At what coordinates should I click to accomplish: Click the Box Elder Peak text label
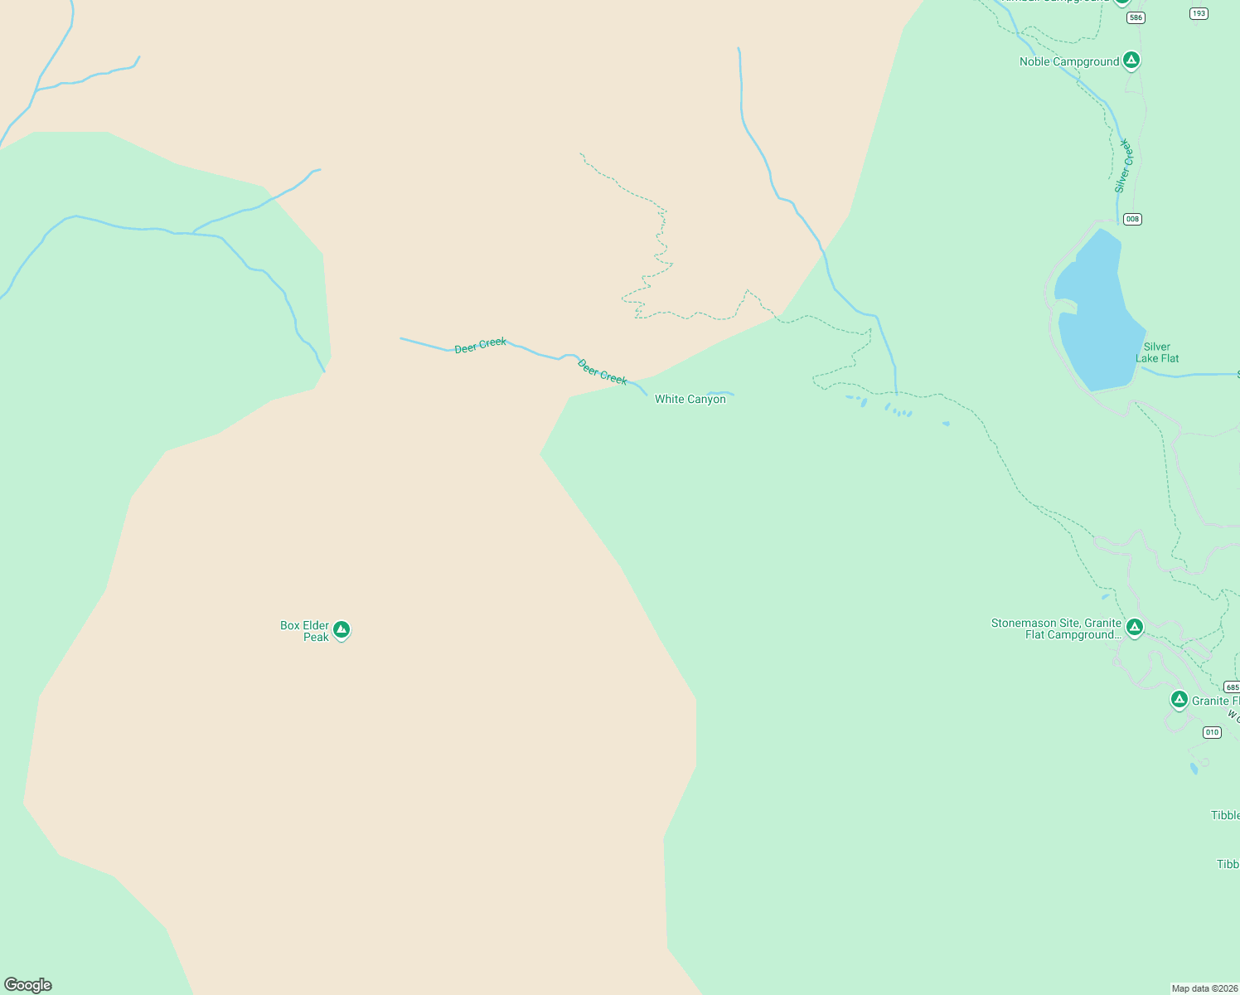(x=305, y=631)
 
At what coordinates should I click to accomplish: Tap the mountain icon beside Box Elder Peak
(x=341, y=630)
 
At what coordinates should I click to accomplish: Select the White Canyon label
(x=690, y=399)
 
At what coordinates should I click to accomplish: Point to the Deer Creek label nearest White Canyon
(x=603, y=372)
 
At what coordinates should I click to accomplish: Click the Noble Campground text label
(x=1068, y=61)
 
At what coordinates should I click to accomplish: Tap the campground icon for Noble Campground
(x=1131, y=61)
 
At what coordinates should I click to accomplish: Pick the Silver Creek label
(x=1123, y=166)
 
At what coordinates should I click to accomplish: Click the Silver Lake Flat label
(x=1157, y=352)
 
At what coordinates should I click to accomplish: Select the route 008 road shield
(x=1132, y=219)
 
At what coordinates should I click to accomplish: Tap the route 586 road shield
(x=1136, y=17)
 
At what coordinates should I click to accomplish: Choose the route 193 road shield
(x=1199, y=13)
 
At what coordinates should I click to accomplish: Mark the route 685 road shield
(x=1232, y=687)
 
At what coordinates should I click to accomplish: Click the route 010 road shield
(x=1212, y=732)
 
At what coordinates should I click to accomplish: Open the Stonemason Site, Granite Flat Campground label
(x=1057, y=629)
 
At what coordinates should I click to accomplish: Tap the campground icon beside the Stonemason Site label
(x=1135, y=628)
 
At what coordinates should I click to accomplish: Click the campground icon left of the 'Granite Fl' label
(x=1179, y=700)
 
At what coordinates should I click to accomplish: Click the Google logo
(x=28, y=985)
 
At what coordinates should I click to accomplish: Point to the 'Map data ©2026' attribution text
(x=1204, y=988)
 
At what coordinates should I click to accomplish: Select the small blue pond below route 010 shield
(x=1194, y=769)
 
